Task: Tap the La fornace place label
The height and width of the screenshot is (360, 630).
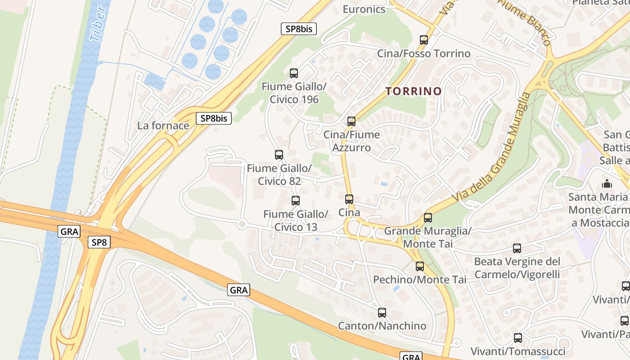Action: coord(163,126)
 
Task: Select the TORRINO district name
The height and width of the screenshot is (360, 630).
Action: coord(414,91)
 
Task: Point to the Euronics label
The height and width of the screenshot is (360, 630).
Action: coord(364,9)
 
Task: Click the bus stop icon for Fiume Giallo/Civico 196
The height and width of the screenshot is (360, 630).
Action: coord(294,73)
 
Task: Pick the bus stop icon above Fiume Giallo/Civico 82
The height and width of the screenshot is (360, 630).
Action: coord(279,155)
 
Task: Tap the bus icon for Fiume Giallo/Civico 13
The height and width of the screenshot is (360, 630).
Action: coord(296,201)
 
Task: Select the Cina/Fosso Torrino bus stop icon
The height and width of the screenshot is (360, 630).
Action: coord(424,40)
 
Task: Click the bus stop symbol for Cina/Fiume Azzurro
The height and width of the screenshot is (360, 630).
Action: coord(351,121)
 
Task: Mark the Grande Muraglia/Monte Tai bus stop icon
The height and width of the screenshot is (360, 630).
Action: coord(428,218)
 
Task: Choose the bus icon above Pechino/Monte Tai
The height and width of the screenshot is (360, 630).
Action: coord(420,266)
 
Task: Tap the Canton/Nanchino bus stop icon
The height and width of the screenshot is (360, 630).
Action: coord(382,312)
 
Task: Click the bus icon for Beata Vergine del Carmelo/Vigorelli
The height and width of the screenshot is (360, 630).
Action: coord(517,248)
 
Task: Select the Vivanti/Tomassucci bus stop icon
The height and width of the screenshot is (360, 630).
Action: coord(518,337)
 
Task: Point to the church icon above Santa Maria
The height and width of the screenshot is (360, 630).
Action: coord(607,184)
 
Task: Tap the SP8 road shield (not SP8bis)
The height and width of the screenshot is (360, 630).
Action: coord(99,243)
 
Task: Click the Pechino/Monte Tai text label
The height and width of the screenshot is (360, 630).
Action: coord(420,279)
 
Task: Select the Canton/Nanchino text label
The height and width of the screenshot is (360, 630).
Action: coord(382,325)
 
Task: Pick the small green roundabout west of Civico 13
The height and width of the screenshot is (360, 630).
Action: coord(243,224)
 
